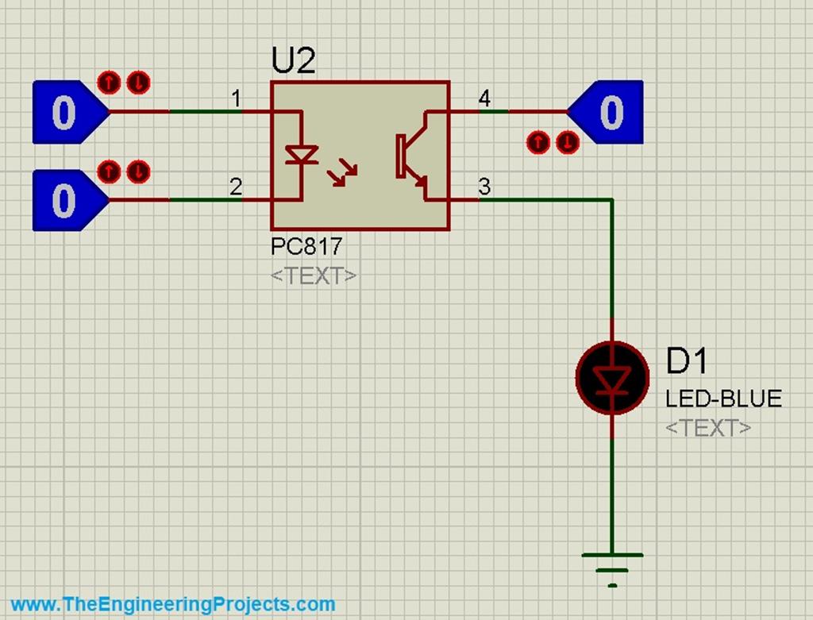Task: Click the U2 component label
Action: pos(293,61)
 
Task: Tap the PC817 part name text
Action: pos(306,247)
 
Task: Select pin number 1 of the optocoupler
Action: pos(236,99)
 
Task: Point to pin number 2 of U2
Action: pos(236,187)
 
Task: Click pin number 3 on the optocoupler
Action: pos(484,187)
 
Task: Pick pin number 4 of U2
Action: pos(484,99)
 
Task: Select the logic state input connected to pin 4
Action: pos(607,112)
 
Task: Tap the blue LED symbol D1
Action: pos(612,379)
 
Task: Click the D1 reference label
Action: pos(686,361)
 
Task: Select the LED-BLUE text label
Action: pos(723,398)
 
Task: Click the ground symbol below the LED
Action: pos(612,565)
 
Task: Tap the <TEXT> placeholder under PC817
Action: pos(314,275)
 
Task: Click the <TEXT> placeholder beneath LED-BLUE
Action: pos(708,427)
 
